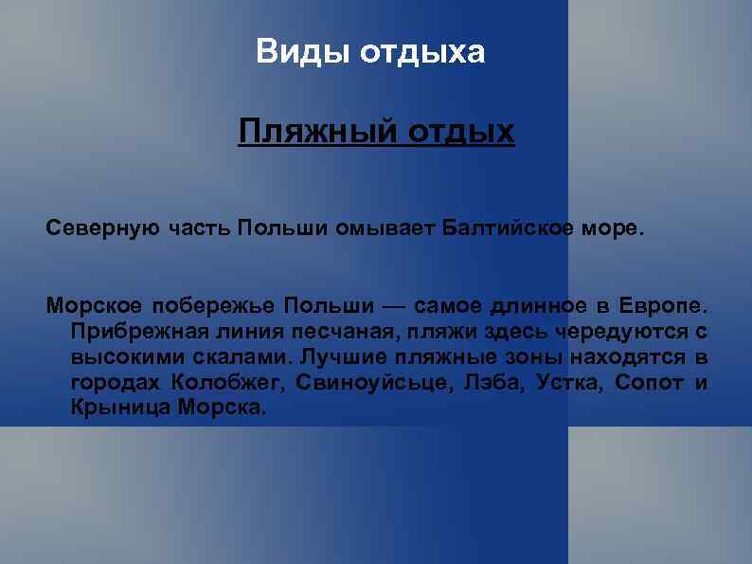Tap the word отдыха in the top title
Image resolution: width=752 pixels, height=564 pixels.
[422, 52]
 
